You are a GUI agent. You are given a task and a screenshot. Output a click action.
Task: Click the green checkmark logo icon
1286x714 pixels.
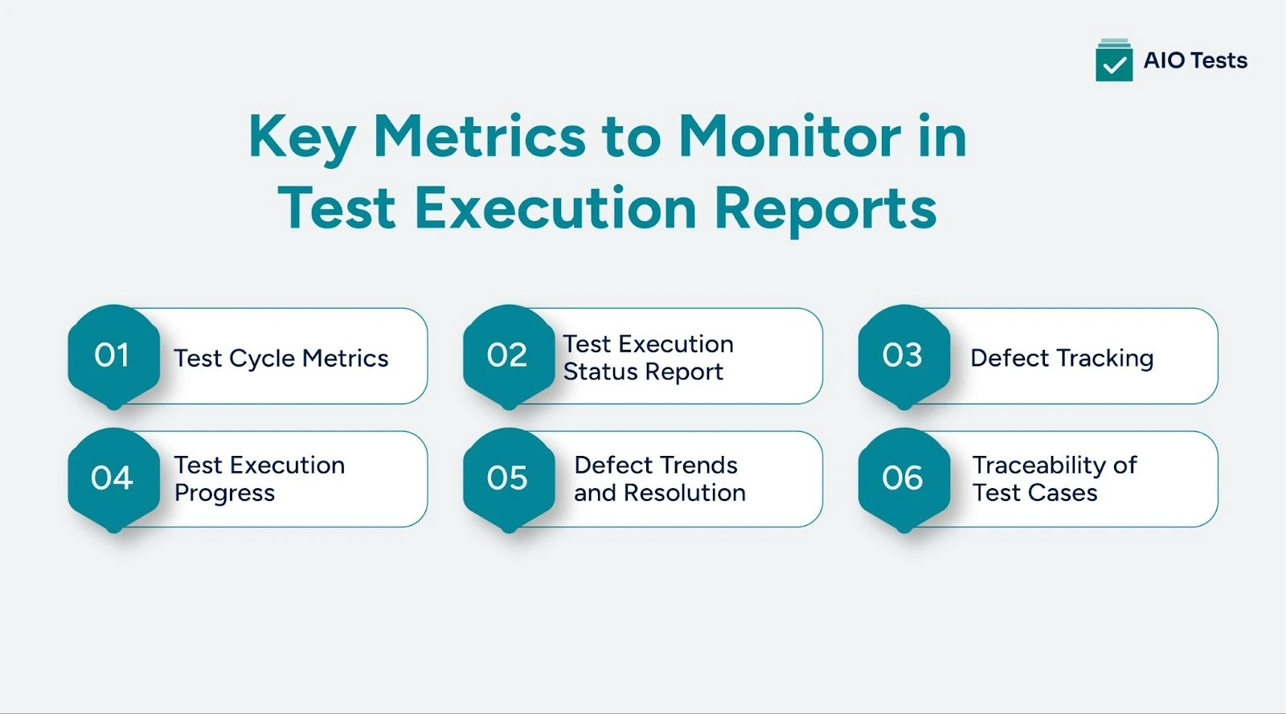pos(1114,61)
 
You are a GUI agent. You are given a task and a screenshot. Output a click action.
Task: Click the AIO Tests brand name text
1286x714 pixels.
pos(1195,61)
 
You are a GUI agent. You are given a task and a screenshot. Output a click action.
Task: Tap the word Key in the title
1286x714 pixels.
pos(301,137)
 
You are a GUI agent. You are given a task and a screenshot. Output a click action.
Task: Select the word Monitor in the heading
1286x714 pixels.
pos(789,137)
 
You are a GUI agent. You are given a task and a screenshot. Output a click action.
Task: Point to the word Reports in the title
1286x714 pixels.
pos(825,208)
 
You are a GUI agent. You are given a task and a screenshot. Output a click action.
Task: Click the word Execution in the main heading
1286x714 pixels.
pos(555,208)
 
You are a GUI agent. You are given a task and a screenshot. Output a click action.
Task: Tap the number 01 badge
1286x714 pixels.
pos(113,355)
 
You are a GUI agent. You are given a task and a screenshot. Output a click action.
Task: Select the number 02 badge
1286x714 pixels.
pos(507,355)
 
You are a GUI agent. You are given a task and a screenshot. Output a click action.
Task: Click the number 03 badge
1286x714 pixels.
pos(903,355)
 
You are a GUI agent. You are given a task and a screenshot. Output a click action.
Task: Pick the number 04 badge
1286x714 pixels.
pos(113,478)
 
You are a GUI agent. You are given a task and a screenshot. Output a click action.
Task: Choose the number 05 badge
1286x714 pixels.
pos(507,478)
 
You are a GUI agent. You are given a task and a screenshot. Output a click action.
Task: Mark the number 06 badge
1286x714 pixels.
pos(903,478)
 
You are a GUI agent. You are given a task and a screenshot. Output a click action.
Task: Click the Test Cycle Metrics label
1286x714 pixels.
pos(281,358)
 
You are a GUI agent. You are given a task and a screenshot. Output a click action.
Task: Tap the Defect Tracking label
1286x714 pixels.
pos(1062,358)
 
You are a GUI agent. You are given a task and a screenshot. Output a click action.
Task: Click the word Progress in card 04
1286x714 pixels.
pos(224,493)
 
